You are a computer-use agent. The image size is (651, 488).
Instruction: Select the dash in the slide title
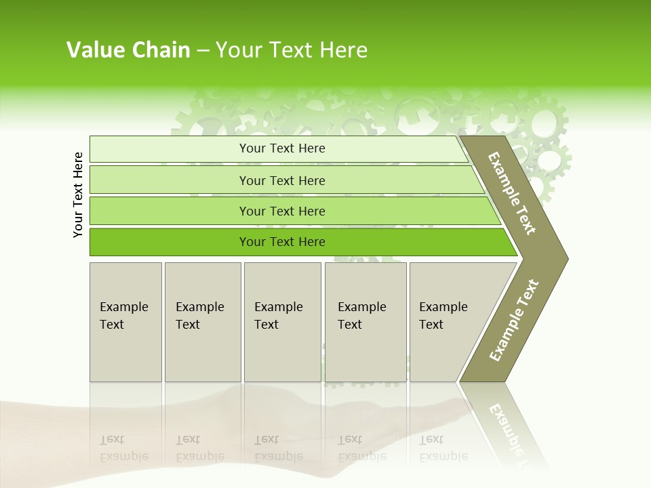[x=203, y=51]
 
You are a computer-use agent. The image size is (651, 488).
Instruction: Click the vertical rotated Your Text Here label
[x=78, y=195]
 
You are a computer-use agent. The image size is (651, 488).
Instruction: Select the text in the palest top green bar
[x=282, y=148]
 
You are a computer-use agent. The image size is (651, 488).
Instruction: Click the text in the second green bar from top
[x=282, y=180]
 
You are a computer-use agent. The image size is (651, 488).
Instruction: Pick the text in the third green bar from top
[x=282, y=211]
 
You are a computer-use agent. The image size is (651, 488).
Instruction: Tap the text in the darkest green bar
[x=282, y=242]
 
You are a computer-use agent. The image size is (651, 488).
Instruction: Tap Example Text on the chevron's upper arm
[x=512, y=194]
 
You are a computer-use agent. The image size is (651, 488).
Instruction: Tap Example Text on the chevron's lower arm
[x=514, y=321]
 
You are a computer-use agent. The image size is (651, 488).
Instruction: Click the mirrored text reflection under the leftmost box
[x=123, y=448]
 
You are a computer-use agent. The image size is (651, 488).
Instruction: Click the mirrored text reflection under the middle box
[x=278, y=448]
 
